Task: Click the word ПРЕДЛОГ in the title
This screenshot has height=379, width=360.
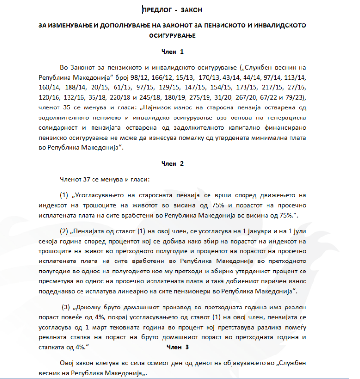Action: click(156, 9)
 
